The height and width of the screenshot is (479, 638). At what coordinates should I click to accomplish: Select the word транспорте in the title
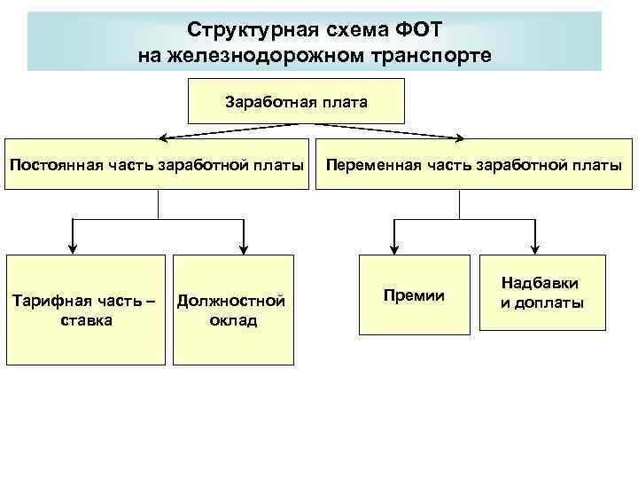click(431, 55)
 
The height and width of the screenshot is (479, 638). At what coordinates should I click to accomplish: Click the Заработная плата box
click(296, 100)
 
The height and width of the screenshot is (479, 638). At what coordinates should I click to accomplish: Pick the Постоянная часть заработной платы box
click(157, 164)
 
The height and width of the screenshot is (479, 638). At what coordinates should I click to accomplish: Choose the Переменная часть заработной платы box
click(473, 164)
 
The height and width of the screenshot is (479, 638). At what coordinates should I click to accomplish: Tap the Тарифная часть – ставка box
click(86, 310)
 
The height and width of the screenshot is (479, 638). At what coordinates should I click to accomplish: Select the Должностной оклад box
click(232, 310)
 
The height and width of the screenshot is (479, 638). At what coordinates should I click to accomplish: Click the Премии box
click(414, 294)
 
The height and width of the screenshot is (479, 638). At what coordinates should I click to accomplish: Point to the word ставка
click(86, 320)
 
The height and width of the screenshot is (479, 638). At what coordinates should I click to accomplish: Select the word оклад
click(233, 320)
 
